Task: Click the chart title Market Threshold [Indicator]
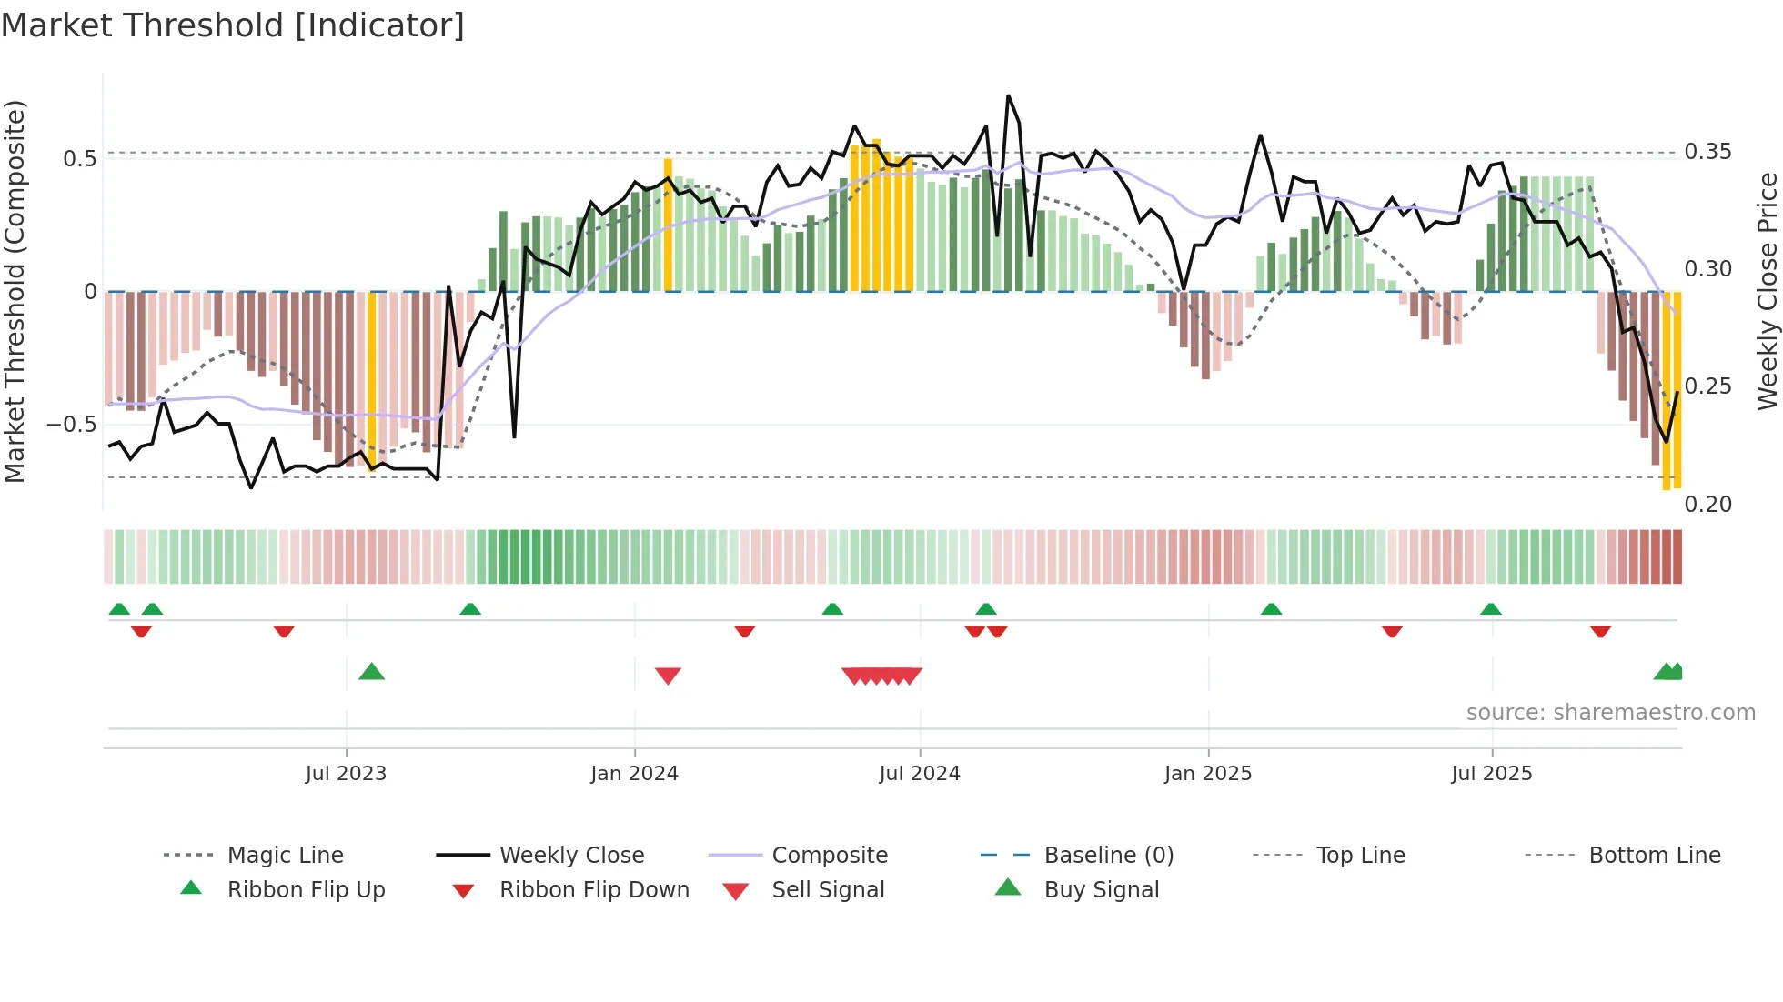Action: pyautogui.click(x=233, y=25)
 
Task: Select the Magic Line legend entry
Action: pyautogui.click(x=285, y=855)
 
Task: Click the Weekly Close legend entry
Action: pyautogui.click(x=571, y=855)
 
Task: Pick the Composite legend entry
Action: pyautogui.click(x=829, y=855)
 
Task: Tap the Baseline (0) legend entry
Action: pyautogui.click(x=1108, y=855)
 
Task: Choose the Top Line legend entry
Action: pyautogui.click(x=1360, y=855)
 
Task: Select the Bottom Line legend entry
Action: pyautogui.click(x=1654, y=855)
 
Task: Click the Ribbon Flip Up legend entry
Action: pyautogui.click(x=306, y=889)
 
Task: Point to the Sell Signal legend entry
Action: pyautogui.click(x=828, y=889)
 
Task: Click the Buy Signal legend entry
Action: pyautogui.click(x=1101, y=889)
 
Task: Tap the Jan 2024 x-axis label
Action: pyautogui.click(x=634, y=773)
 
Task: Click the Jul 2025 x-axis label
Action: pyautogui.click(x=1491, y=773)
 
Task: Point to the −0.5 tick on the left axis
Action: pyautogui.click(x=71, y=424)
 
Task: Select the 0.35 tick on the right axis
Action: pyautogui.click(x=1707, y=151)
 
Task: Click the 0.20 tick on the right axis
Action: pyautogui.click(x=1707, y=504)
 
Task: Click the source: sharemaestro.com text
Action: pyautogui.click(x=1610, y=712)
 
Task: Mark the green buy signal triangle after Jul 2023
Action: pyautogui.click(x=372, y=672)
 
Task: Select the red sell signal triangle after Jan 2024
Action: pyautogui.click(x=668, y=676)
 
